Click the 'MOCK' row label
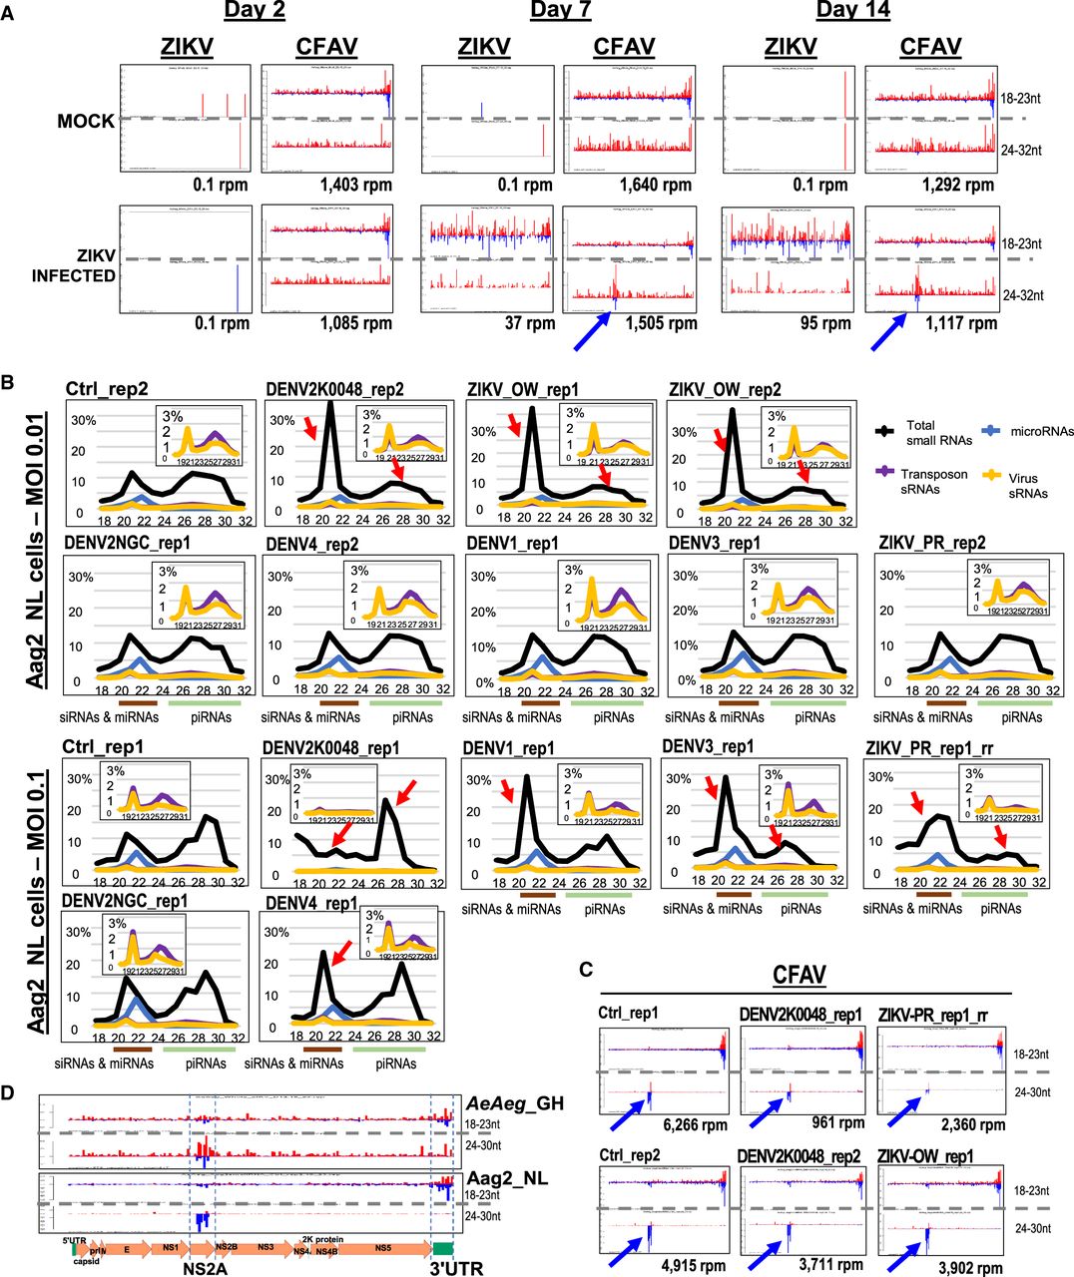click(86, 121)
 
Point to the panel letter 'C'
click(587, 969)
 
